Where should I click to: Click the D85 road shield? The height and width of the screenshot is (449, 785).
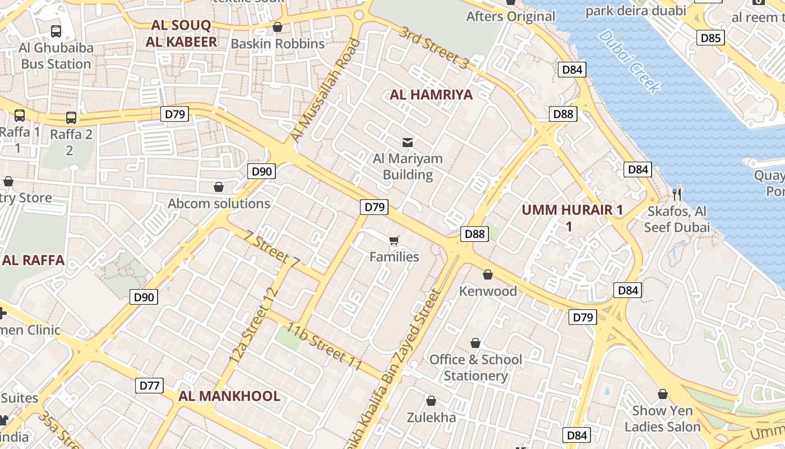coord(711,38)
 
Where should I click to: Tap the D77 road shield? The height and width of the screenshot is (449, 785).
coord(149,386)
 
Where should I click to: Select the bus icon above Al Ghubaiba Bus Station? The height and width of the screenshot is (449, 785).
coord(56,31)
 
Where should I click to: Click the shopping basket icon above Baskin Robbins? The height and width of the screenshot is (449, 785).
coord(277,27)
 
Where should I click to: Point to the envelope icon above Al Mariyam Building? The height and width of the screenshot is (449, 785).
coord(408,143)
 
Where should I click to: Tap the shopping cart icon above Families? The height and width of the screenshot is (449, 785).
coord(394,241)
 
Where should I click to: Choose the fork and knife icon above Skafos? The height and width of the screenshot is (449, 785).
coord(677,195)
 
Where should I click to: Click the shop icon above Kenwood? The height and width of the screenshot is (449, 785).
coord(488,274)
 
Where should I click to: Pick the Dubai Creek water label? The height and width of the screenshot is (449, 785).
coord(629,61)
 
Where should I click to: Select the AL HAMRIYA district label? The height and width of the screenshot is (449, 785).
coord(431,95)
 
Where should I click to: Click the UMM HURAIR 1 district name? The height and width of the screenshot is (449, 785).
coord(572,210)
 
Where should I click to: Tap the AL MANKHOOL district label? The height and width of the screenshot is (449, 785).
coord(229,396)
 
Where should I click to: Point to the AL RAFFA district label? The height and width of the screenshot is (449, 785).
coord(33,260)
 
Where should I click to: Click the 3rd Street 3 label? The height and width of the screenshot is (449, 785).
coord(433,48)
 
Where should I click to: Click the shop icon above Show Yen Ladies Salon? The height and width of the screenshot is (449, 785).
coord(663,394)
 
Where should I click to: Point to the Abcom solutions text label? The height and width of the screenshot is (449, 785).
coord(219,204)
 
